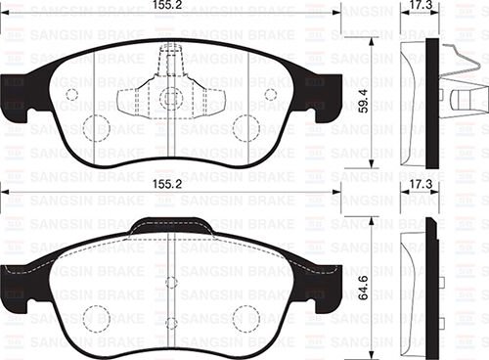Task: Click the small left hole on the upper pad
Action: coord(70,95)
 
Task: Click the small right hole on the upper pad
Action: coord(271,95)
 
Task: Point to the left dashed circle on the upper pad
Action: coord(95,127)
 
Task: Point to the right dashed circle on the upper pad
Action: coord(246,127)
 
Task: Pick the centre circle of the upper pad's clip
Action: coord(171,98)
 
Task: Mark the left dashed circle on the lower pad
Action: coord(96,318)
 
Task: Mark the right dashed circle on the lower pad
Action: coord(245,318)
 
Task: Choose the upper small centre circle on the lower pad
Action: coord(171,283)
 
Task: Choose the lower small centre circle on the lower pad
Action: coord(171,322)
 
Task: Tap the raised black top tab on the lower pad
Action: coord(171,226)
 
